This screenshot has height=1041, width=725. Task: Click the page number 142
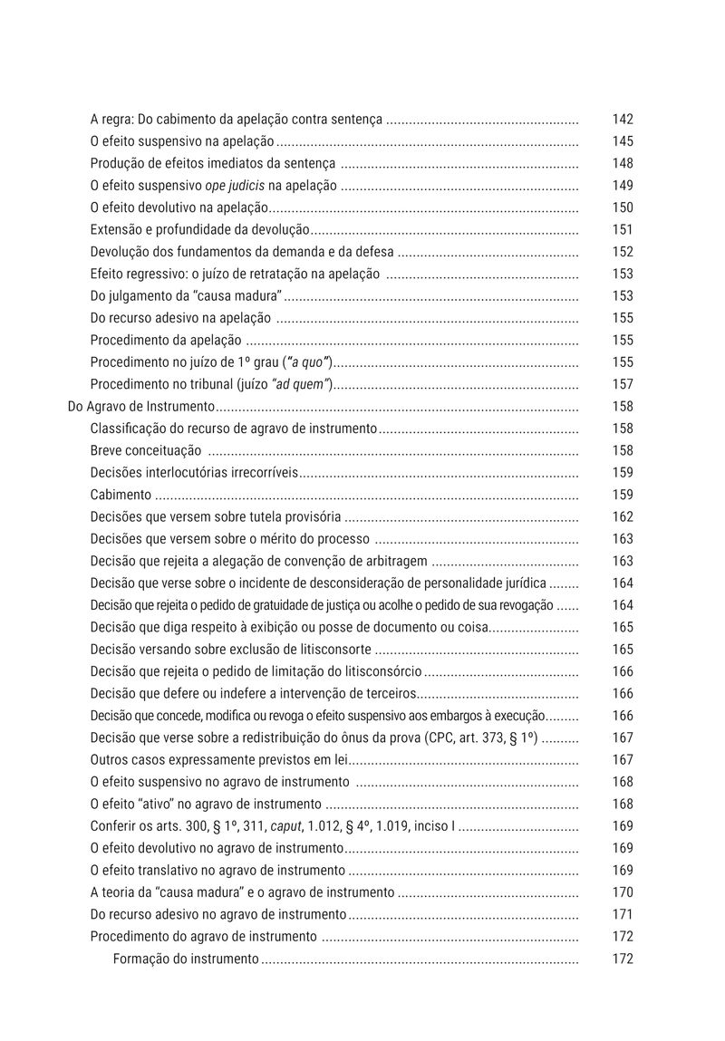click(623, 120)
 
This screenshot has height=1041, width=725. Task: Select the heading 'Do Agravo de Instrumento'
click(141, 407)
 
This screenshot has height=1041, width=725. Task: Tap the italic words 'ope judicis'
click(236, 186)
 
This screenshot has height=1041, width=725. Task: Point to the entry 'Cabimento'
click(121, 495)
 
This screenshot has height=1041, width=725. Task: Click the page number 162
click(623, 517)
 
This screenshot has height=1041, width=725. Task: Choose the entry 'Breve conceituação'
click(145, 450)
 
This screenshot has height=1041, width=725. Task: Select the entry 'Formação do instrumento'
click(186, 959)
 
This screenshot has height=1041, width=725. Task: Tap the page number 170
click(623, 892)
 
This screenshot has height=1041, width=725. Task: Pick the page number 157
click(623, 384)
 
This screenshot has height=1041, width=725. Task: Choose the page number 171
click(623, 914)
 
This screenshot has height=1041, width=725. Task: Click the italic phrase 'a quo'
click(310, 362)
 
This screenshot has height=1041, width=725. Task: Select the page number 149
click(623, 186)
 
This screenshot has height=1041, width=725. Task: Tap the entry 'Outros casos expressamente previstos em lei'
click(218, 760)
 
